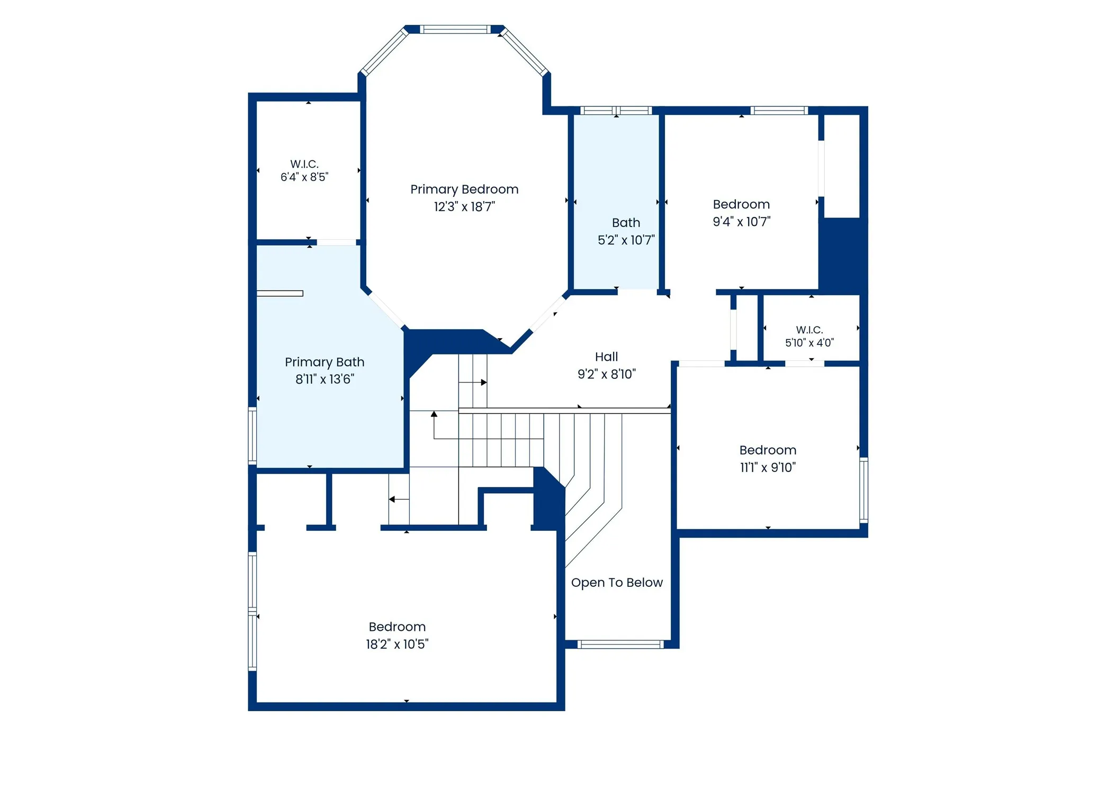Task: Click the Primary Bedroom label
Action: [464, 189]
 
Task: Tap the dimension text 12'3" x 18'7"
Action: [464, 207]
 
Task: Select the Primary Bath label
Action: [325, 362]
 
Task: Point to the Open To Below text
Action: [617, 583]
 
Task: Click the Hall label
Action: [606, 357]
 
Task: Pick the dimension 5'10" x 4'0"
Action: [809, 343]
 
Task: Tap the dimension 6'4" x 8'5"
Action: [304, 177]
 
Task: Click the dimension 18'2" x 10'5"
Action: [397, 645]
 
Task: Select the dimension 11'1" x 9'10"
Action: [768, 468]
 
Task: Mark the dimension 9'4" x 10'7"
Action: [741, 222]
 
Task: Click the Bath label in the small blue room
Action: [626, 223]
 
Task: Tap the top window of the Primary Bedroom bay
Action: [455, 30]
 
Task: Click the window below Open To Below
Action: [620, 644]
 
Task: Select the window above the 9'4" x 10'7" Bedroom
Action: [779, 111]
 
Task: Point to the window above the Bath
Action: [616, 111]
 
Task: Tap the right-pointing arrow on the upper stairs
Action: [473, 382]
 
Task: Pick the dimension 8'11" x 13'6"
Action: [325, 379]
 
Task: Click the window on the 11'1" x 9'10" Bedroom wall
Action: [863, 491]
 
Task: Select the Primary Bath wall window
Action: [253, 436]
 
